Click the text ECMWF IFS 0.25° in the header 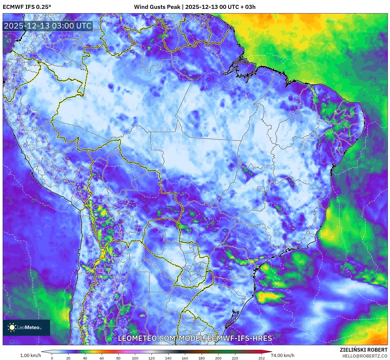coord(27,7)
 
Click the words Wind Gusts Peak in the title coord(157,7)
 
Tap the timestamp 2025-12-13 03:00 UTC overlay coord(48,26)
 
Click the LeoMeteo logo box coord(26,327)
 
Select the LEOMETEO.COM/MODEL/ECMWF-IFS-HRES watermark coord(195,338)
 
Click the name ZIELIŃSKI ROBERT coord(363,350)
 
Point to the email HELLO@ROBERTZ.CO coord(365,356)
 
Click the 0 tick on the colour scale coord(52,358)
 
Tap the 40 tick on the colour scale coord(85,358)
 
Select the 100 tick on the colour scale coord(135,358)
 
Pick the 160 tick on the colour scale coord(185,358)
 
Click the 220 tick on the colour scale coord(235,358)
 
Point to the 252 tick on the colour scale coord(261,358)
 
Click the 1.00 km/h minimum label coord(30,355)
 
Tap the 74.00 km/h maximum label coord(282,355)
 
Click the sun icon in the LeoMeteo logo coord(12,327)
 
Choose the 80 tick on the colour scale coord(118,358)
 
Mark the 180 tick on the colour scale coord(201,358)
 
